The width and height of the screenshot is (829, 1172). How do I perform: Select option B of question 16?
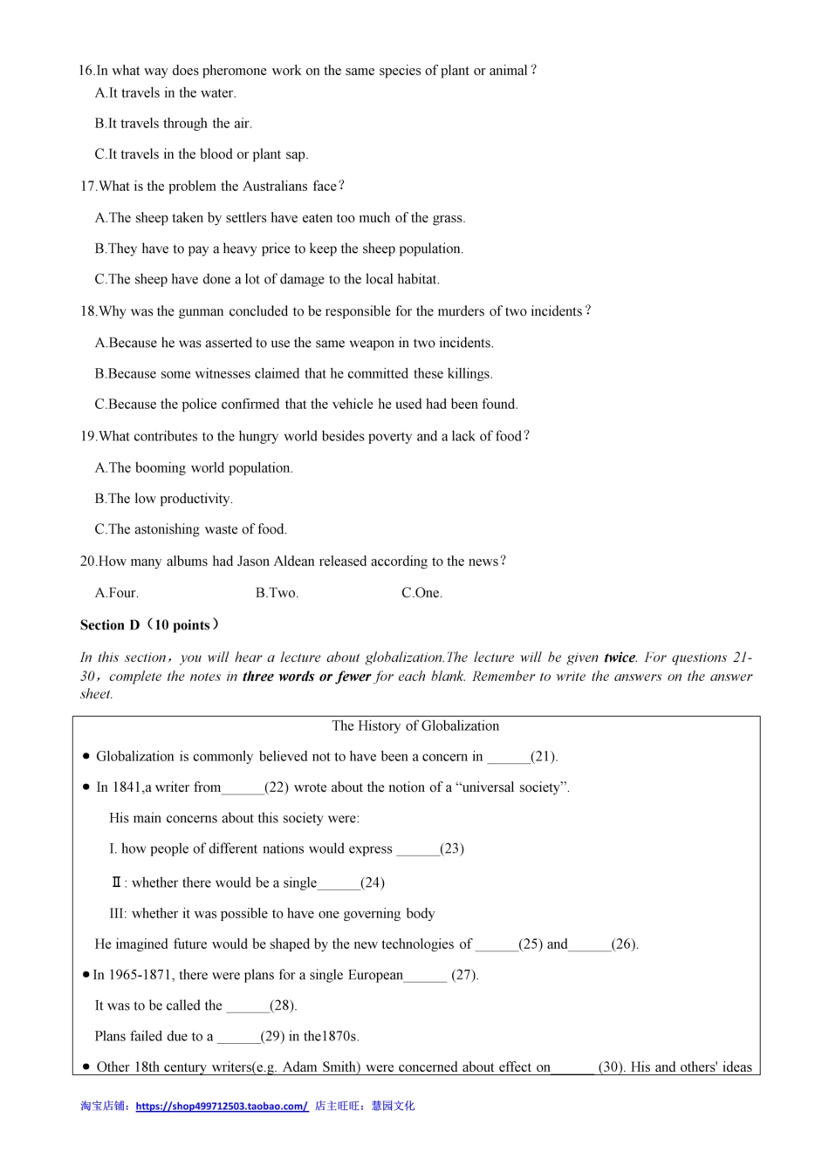point(173,124)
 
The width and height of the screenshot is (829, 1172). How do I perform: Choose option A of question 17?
point(279,218)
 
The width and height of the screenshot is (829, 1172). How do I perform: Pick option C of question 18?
point(305,405)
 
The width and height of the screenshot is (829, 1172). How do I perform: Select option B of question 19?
point(163,499)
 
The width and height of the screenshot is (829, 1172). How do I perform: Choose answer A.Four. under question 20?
point(116,593)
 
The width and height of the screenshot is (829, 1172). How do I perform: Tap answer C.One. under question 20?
point(421,593)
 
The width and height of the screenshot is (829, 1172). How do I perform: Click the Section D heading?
point(148,625)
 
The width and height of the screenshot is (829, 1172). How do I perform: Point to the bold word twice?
point(620,658)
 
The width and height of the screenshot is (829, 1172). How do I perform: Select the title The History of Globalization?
point(415,726)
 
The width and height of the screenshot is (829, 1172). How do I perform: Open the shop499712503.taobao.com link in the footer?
point(222,1106)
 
